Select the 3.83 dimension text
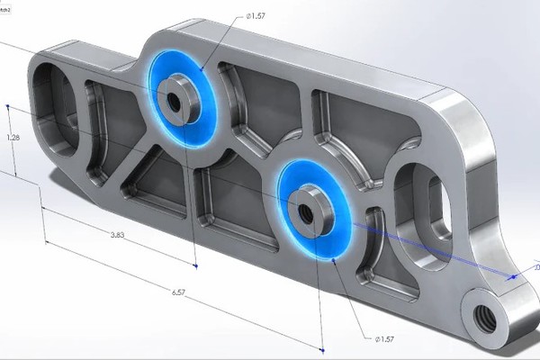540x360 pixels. tap(118, 234)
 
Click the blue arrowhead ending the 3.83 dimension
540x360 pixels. tap(197, 265)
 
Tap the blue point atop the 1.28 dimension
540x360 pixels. tap(7, 107)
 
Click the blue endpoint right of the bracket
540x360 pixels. tap(510, 278)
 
